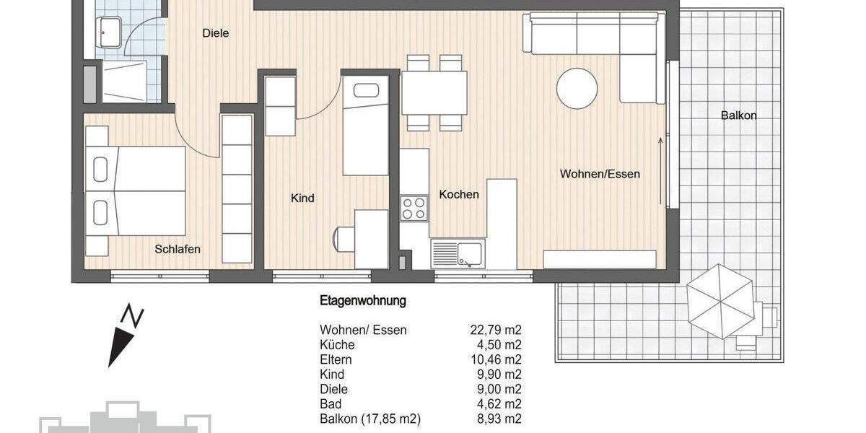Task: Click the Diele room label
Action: (x=215, y=32)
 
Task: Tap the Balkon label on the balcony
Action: (x=738, y=115)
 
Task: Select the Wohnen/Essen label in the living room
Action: (x=600, y=174)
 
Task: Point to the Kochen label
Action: (x=459, y=194)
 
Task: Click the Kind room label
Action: (x=302, y=198)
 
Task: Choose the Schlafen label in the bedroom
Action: (x=178, y=249)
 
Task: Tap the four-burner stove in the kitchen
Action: (x=415, y=208)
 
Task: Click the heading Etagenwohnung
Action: (x=363, y=300)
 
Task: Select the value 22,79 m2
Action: (x=495, y=331)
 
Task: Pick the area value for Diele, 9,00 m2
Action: (x=498, y=390)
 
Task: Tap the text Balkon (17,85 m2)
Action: (x=369, y=419)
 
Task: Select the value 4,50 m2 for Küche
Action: (x=498, y=345)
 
